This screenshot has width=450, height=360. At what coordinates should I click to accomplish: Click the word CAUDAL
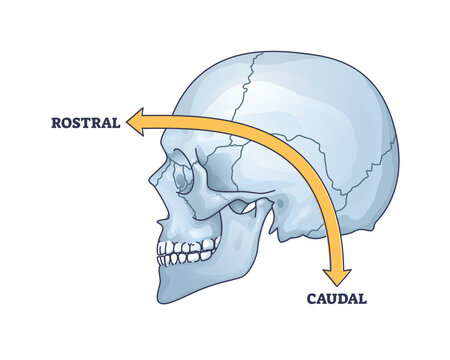[x=336, y=297]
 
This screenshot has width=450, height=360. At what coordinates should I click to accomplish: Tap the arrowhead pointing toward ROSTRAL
[x=136, y=123]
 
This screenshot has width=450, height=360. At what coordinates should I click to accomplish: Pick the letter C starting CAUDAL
[x=310, y=297]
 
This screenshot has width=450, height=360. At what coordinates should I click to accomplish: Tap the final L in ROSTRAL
[x=116, y=124]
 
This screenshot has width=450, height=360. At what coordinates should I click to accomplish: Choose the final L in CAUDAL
[x=361, y=297]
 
